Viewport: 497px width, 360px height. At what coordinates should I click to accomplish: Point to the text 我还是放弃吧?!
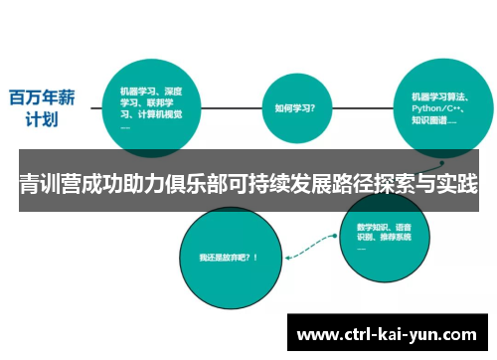pyautogui.click(x=228, y=257)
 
